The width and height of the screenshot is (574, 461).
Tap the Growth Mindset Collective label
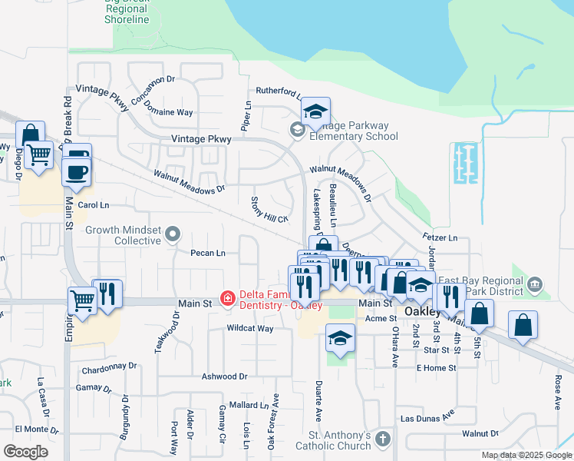coord(123,234)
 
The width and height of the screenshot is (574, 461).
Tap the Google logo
coord(25,452)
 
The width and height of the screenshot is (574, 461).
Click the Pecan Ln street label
coord(208,253)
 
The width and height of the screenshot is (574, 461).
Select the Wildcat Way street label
coord(250,328)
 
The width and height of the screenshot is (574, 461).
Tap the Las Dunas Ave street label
coord(427,419)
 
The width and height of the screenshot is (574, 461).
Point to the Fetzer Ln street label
coord(439,238)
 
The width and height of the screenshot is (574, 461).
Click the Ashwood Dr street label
coord(224,376)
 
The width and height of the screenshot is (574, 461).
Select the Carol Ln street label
coord(94,205)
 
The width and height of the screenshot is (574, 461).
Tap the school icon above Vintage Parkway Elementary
coord(315,111)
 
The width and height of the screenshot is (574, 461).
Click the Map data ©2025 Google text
coord(527,455)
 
